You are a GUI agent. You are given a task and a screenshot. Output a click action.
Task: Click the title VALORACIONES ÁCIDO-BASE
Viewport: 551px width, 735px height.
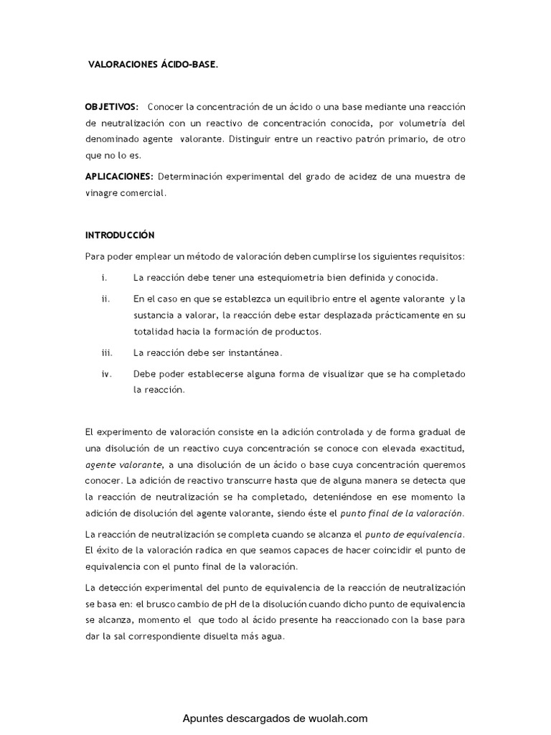(152, 65)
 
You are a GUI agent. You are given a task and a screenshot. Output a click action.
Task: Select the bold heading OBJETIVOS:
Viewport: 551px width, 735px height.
(111, 107)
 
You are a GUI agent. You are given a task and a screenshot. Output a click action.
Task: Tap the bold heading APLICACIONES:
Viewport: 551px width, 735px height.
(119, 177)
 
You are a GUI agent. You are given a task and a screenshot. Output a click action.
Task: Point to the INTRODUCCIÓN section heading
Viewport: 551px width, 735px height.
(120, 235)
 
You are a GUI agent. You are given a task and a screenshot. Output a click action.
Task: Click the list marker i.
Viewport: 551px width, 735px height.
(105, 277)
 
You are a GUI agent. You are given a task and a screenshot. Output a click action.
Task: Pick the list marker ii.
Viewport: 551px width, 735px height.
(105, 299)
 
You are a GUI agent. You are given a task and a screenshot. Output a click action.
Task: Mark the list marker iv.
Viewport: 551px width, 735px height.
(106, 374)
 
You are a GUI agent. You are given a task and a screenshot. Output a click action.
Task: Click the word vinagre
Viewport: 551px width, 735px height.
(103, 193)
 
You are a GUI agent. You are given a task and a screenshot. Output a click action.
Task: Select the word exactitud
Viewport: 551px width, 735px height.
(439, 449)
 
